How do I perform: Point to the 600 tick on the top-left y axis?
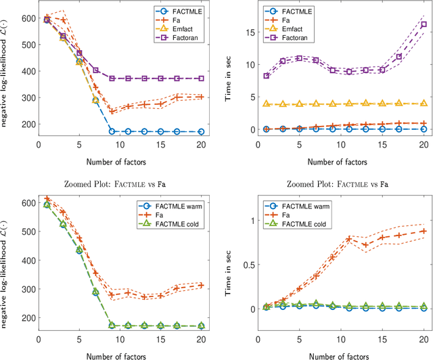(12, 18)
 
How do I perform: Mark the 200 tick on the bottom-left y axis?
(12, 317)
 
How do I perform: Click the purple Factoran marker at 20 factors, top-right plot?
(424, 24)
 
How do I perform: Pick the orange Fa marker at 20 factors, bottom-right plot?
(424, 231)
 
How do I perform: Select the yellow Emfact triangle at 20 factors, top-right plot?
(424, 104)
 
